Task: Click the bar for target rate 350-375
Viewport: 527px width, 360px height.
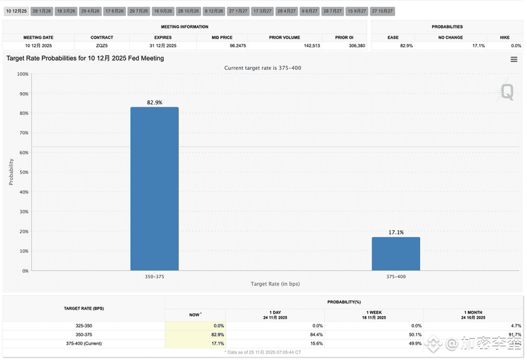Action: click(154, 189)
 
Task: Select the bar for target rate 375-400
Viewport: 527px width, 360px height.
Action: click(395, 254)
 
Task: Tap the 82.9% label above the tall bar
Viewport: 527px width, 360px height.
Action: click(154, 102)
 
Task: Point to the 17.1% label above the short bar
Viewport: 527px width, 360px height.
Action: click(395, 233)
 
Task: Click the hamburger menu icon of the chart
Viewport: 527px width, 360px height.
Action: click(514, 59)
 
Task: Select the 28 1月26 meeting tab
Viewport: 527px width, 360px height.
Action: click(41, 11)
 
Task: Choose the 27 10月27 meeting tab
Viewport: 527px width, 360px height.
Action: click(383, 11)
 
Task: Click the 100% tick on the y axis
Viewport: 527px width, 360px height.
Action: click(22, 74)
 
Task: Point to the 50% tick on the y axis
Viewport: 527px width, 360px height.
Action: click(24, 172)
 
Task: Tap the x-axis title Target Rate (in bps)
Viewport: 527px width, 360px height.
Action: click(275, 284)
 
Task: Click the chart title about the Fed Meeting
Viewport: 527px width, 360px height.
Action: click(85, 59)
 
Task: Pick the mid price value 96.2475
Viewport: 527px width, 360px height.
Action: click(221, 46)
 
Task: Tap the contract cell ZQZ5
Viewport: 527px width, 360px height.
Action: click(102, 46)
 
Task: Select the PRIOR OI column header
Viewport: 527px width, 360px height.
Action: click(344, 38)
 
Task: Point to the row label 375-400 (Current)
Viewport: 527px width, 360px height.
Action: click(84, 343)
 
